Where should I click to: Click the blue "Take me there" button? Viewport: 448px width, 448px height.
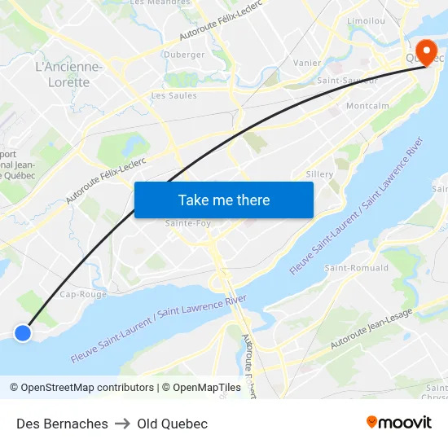[224, 200]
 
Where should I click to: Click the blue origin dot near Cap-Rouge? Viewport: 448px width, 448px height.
[23, 332]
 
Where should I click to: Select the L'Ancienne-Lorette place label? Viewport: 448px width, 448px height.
[69, 74]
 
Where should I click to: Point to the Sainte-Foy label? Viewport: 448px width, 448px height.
[188, 223]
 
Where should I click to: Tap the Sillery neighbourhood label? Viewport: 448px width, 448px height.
[319, 174]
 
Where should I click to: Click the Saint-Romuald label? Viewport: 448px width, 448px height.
[357, 268]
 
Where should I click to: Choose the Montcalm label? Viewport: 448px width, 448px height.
[367, 106]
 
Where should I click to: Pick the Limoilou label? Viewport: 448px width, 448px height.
[366, 20]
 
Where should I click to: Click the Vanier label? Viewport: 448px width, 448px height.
[306, 63]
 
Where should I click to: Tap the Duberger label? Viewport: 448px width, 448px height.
[184, 55]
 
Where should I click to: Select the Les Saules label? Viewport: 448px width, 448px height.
[173, 95]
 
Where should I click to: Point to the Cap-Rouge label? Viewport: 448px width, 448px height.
[83, 294]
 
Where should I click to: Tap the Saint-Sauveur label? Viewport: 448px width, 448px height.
[347, 81]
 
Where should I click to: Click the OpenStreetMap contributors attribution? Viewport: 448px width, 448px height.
[81, 388]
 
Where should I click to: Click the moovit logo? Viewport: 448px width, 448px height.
[398, 423]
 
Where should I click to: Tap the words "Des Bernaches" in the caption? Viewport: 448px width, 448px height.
[62, 424]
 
